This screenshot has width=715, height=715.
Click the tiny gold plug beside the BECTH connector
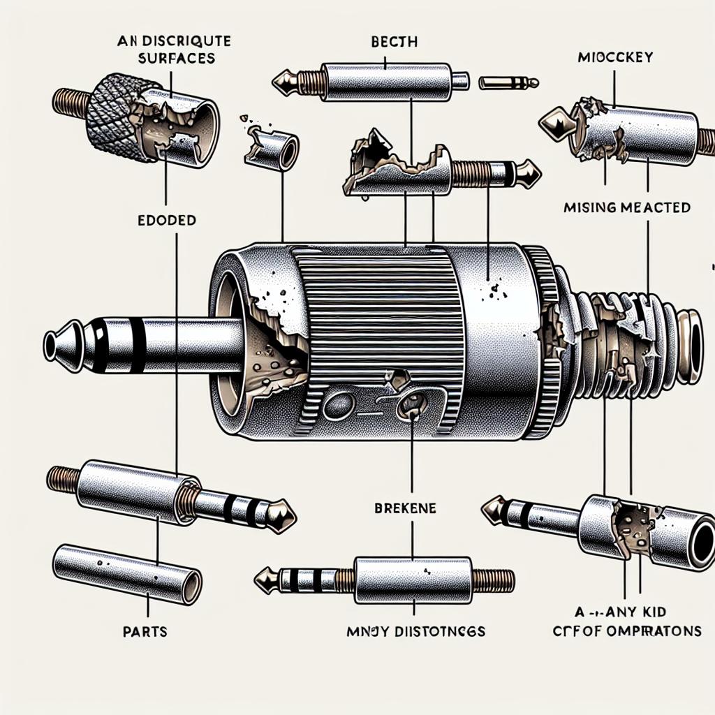tap(508, 83)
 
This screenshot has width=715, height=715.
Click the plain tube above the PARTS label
tap(128, 566)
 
